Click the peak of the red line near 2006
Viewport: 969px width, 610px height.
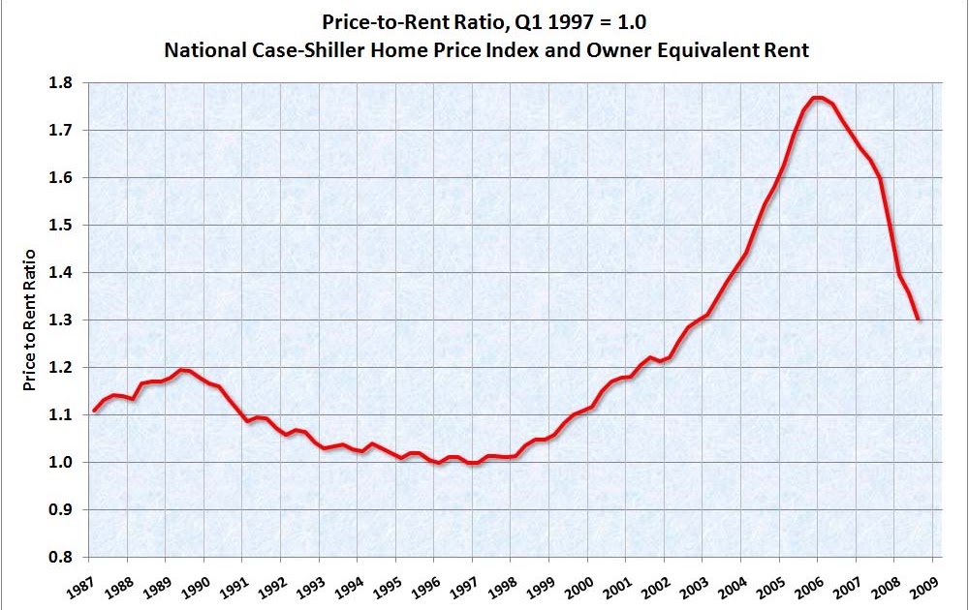pos(818,98)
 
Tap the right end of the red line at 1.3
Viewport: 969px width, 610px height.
pos(918,319)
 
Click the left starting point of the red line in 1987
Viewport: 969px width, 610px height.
pos(94,411)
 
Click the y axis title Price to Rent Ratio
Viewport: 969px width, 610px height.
pos(30,320)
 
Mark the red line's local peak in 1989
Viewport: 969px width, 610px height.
pos(184,370)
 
